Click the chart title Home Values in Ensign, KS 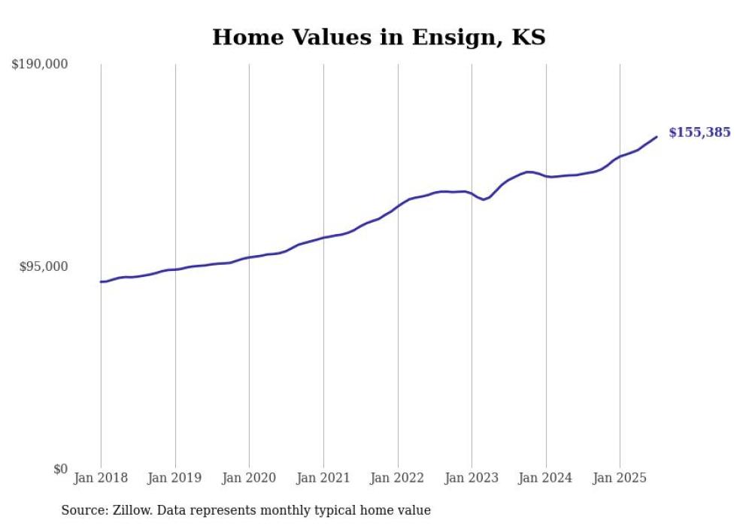378,37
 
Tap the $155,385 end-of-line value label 699,132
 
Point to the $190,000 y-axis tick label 40,65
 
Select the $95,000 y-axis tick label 43,266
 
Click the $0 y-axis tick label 60,469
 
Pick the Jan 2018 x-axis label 101,478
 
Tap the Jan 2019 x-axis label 175,478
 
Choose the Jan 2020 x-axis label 249,478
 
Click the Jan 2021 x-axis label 323,478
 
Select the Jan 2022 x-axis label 398,478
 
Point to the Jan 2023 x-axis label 472,478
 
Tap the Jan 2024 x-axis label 546,478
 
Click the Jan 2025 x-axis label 620,478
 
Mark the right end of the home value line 657,137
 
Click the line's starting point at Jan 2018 101,281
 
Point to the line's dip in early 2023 484,199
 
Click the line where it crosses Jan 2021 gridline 323,238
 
